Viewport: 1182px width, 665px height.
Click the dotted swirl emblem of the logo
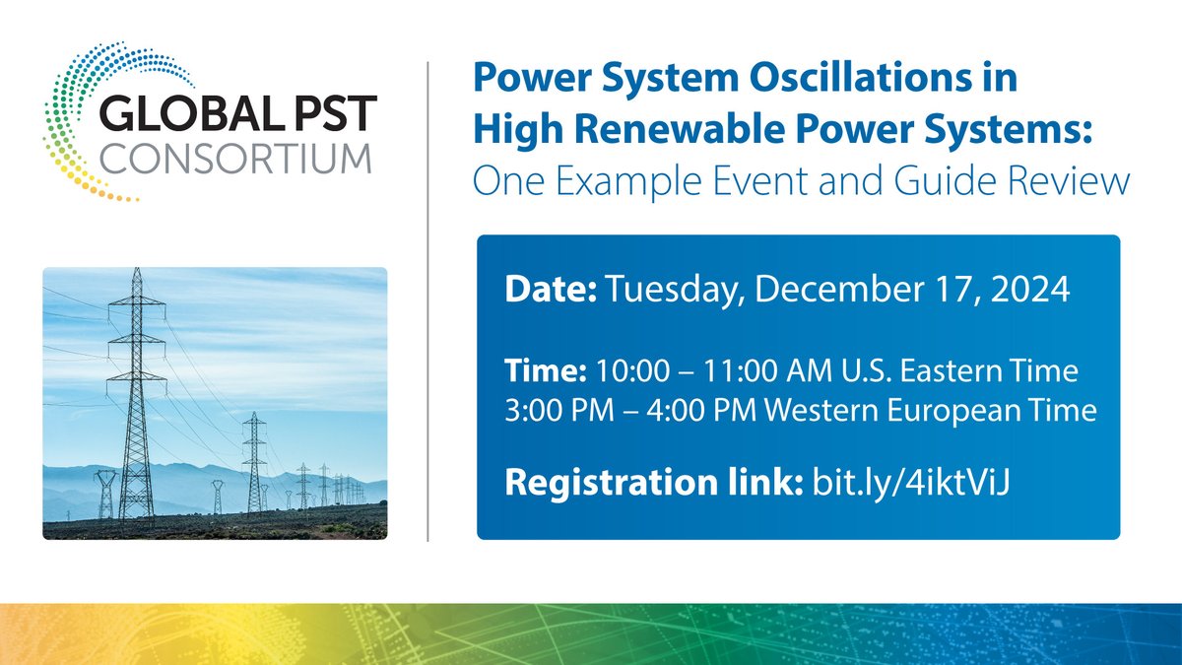[x=79, y=118]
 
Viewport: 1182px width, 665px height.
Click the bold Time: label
[x=545, y=374]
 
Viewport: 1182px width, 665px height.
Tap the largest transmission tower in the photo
[x=137, y=394]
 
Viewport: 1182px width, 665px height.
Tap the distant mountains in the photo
[x=197, y=483]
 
